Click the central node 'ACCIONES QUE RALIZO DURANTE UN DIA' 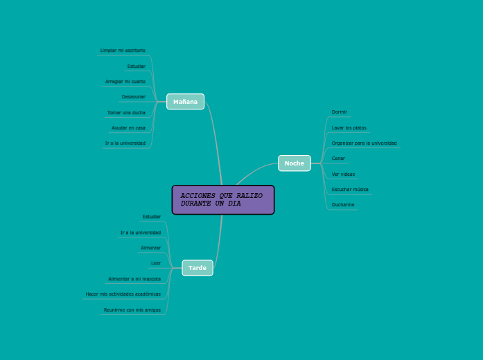(222, 200)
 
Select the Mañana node (185, 102)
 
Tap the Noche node (294, 163)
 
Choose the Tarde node (197, 268)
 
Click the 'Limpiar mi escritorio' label (123, 51)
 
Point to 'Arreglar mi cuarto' (125, 82)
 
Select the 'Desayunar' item (134, 97)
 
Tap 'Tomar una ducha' (126, 112)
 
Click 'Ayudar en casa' (128, 128)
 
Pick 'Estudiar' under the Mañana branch (136, 66)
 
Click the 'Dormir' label (340, 111)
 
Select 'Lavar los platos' (349, 128)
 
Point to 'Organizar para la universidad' (364, 143)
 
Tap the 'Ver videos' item (343, 174)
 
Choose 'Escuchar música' (350, 190)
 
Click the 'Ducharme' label (343, 205)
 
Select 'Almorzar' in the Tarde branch (150, 248)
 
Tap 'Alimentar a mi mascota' (134, 279)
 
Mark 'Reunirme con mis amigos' (132, 310)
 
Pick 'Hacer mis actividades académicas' (123, 294)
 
